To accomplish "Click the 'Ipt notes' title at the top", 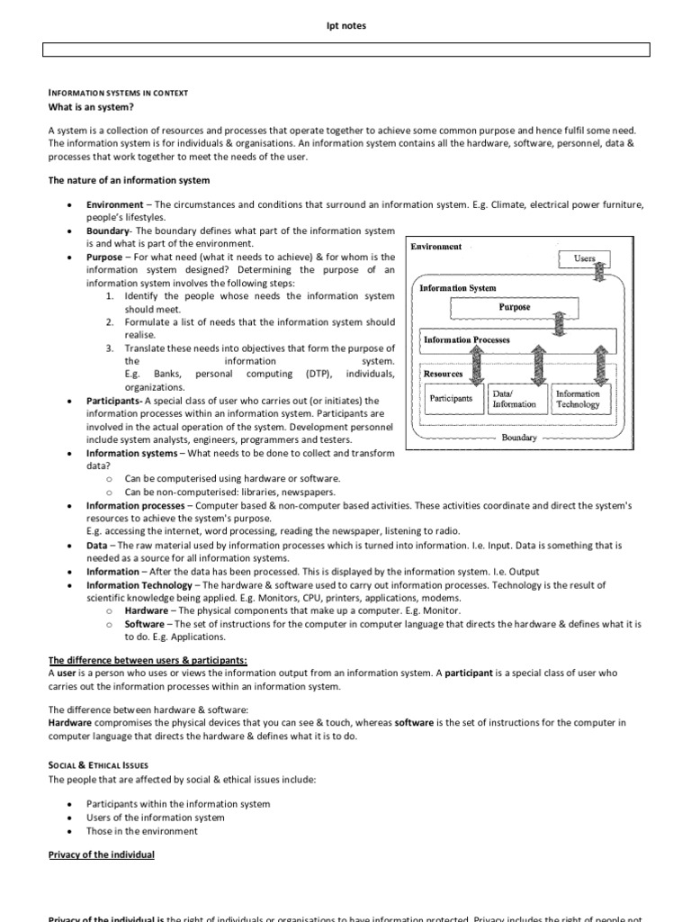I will click(x=345, y=26).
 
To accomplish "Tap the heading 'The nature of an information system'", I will click(x=129, y=181).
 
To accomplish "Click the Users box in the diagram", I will click(x=584, y=258).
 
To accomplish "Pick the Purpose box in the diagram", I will click(x=514, y=308).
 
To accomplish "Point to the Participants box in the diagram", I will click(x=451, y=398).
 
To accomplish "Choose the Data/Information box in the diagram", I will click(x=514, y=399).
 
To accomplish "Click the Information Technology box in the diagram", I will click(x=577, y=399).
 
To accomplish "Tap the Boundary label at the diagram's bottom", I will click(x=519, y=438).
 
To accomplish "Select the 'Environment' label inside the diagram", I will click(x=436, y=247).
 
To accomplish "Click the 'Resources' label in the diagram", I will click(x=443, y=374).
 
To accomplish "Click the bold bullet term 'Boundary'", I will click(x=108, y=231).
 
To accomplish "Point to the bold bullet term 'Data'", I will click(x=96, y=546).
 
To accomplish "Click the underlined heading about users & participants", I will click(x=148, y=660).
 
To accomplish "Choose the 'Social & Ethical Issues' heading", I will click(x=97, y=764).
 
